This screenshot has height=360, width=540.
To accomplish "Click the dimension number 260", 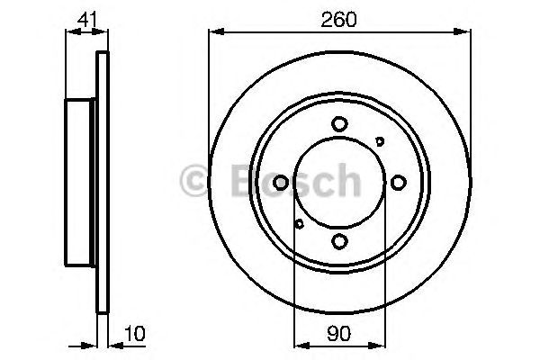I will pyautogui.click(x=339, y=17).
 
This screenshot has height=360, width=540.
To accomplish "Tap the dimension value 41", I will pyautogui.click(x=82, y=17).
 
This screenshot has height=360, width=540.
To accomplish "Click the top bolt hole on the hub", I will pyautogui.click(x=338, y=124).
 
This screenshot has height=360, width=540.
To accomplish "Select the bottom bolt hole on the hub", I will pyautogui.click(x=338, y=240).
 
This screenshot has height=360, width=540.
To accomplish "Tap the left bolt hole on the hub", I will pyautogui.click(x=281, y=183).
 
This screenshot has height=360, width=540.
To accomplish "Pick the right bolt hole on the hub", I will pyautogui.click(x=397, y=183).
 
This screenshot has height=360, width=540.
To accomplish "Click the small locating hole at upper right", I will pyautogui.click(x=379, y=140).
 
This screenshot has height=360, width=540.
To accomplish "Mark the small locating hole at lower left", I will pyautogui.click(x=299, y=223).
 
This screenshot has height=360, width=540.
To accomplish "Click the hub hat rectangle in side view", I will pyautogui.click(x=81, y=183).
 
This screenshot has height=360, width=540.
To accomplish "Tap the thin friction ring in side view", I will pyautogui.click(x=102, y=183).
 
